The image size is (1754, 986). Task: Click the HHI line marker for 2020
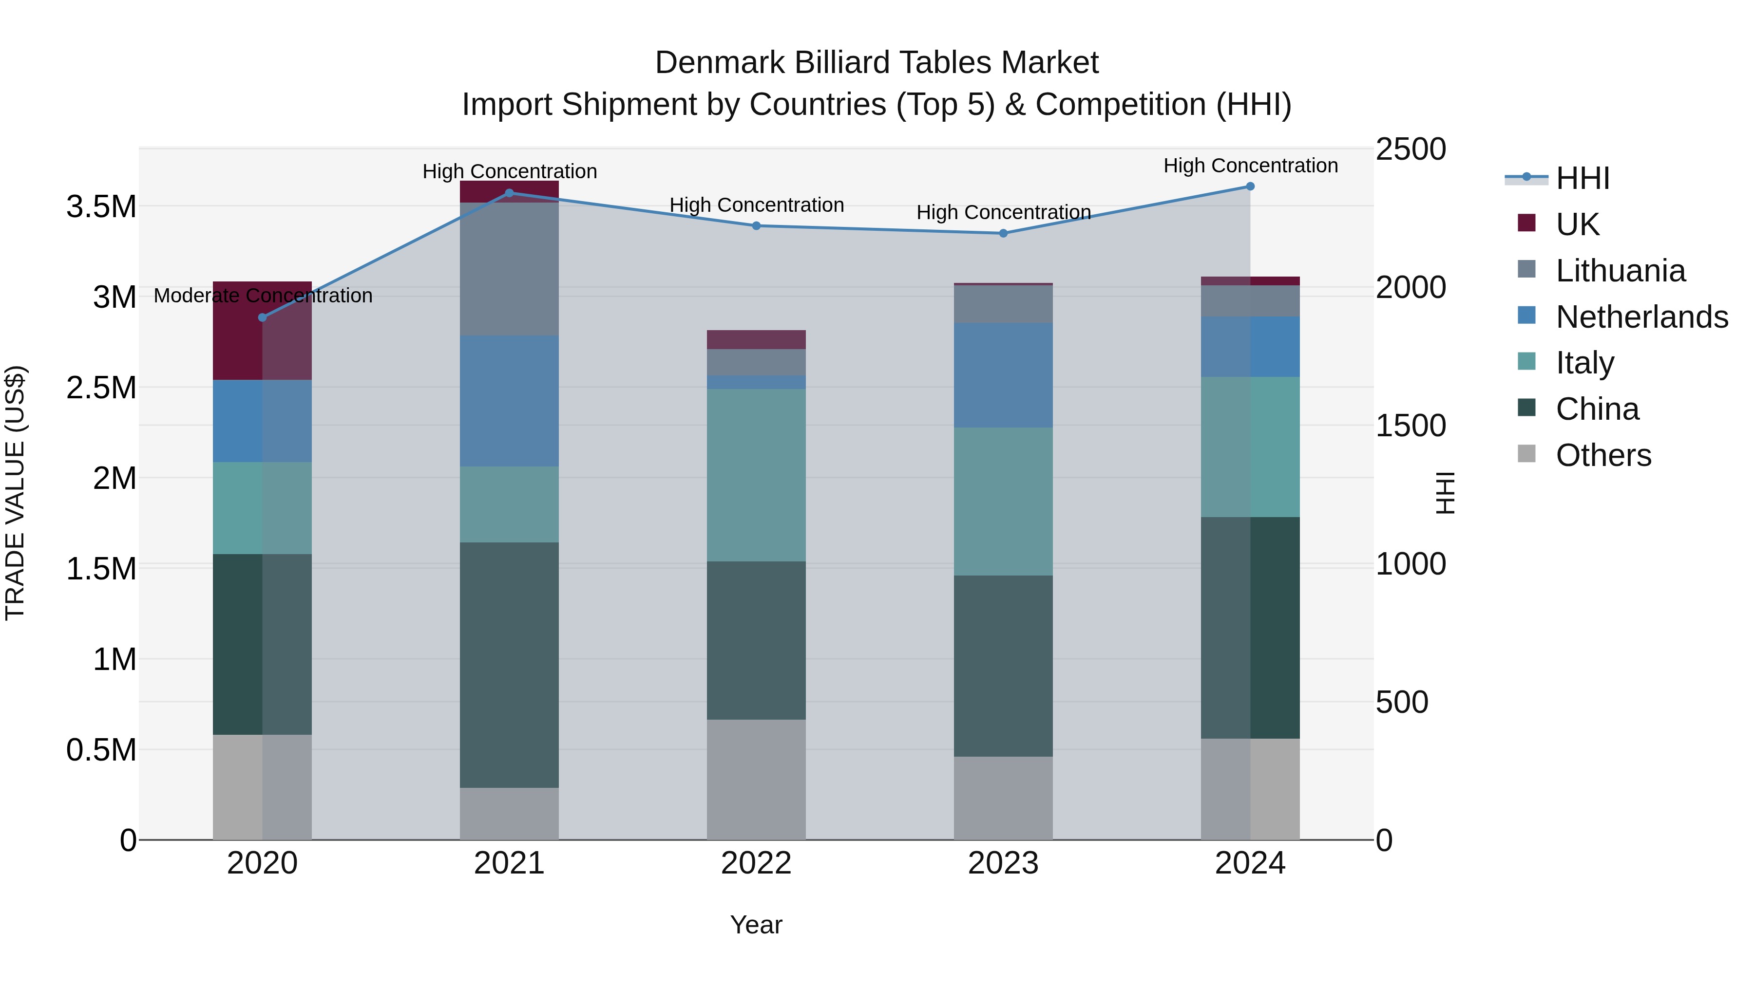click(x=263, y=318)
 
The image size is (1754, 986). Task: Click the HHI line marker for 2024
click(x=1250, y=186)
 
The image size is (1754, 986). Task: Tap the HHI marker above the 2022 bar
click(x=757, y=226)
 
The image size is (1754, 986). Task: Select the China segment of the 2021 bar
click(x=509, y=665)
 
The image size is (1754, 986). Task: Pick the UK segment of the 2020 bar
click(x=263, y=331)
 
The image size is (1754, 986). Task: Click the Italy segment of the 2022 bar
click(x=757, y=475)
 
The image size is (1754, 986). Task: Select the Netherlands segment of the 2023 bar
click(x=1003, y=375)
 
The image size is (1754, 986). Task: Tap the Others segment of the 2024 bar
click(x=1250, y=789)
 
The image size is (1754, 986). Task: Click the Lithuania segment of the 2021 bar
click(x=509, y=269)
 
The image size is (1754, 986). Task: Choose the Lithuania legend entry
click(x=1620, y=271)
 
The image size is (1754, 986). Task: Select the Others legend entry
click(x=1603, y=455)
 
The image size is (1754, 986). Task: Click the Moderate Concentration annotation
click(x=263, y=296)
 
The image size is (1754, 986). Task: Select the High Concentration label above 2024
click(x=1250, y=166)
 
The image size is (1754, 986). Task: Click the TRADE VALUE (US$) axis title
click(x=15, y=493)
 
